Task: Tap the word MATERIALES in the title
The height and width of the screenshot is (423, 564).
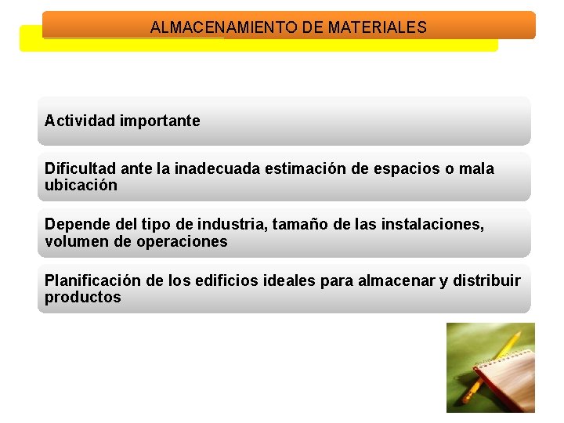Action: (x=378, y=27)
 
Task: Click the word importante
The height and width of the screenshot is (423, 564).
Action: (x=160, y=121)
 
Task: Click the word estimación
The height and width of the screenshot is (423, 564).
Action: (x=302, y=168)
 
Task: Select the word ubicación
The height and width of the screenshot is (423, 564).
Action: (x=81, y=186)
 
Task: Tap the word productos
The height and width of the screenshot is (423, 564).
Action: (x=82, y=298)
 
